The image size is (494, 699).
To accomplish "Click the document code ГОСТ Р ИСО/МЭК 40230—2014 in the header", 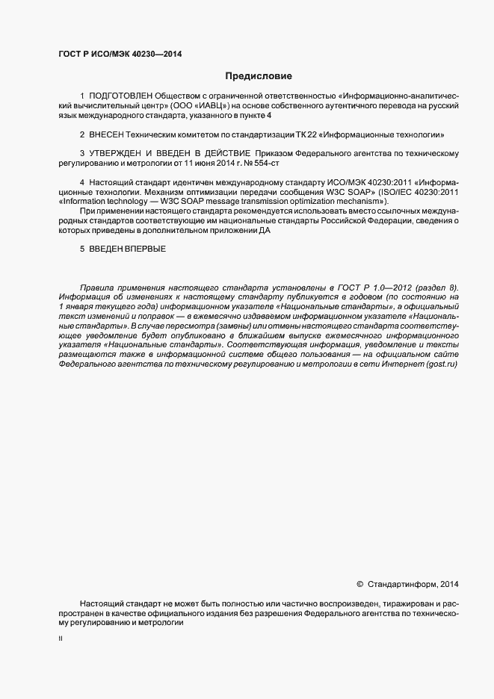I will click(120, 54).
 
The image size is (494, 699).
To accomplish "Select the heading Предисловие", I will click(259, 76).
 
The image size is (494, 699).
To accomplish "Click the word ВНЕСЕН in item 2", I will click(106, 135).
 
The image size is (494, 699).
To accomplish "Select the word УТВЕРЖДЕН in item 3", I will click(117, 153).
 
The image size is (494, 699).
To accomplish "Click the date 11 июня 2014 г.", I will click(208, 163).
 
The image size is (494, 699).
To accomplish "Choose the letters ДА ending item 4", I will click(265, 231).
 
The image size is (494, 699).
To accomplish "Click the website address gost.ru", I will click(441, 364).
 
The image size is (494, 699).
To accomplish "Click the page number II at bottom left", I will click(61, 639).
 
